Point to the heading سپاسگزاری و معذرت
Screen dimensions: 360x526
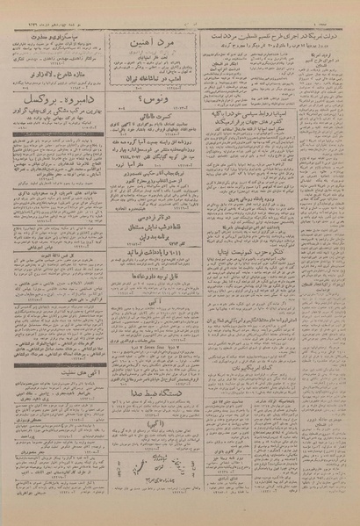58,39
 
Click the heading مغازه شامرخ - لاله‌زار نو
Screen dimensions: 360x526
58,76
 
